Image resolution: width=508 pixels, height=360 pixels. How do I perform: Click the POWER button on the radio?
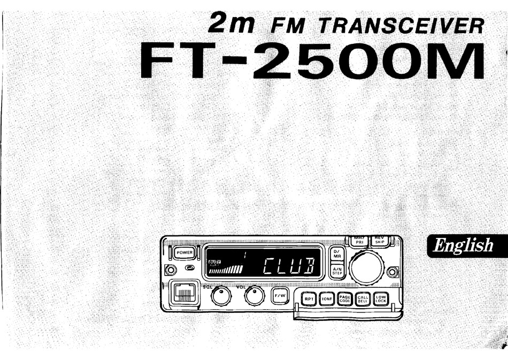click(x=185, y=252)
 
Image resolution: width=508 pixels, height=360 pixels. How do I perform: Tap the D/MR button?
click(x=337, y=254)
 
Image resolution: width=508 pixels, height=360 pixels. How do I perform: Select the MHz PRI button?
click(x=359, y=240)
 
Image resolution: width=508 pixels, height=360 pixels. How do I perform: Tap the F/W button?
click(x=280, y=295)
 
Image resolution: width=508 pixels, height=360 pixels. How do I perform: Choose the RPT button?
click(x=309, y=299)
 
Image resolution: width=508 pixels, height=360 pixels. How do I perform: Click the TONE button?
click(x=327, y=299)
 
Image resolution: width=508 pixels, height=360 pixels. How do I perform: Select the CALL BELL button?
click(x=363, y=299)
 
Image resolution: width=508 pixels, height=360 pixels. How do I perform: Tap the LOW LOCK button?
click(x=381, y=299)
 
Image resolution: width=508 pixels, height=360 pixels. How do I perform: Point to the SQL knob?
click(x=219, y=296)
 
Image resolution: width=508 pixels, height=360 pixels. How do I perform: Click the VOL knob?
click(x=255, y=295)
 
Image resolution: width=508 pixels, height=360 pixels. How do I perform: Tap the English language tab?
click(x=463, y=246)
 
